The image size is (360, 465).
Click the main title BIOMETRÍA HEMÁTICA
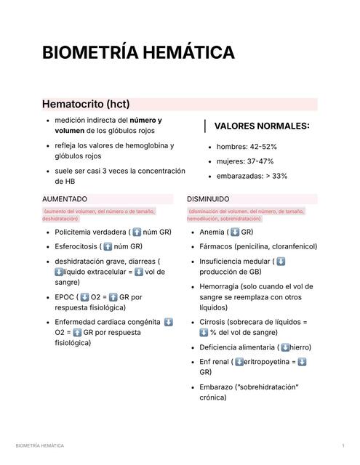click(138, 53)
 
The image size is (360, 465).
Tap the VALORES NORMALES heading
click(262, 126)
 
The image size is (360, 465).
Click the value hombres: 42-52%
click(247, 147)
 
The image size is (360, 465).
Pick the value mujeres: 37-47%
click(245, 161)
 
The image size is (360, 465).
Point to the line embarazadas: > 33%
click(252, 176)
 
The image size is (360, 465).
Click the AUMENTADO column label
click(65, 198)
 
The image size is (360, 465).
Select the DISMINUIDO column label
click(208, 198)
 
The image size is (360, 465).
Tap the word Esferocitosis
click(76, 246)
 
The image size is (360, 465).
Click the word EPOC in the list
click(65, 297)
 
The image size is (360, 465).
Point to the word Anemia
click(212, 232)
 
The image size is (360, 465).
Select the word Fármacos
click(216, 246)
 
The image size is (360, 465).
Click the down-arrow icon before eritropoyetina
click(238, 362)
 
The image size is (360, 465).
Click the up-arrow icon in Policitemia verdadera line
click(137, 232)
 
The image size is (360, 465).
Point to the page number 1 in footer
click(343, 445)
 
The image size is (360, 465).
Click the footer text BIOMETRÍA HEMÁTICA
click(40, 445)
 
